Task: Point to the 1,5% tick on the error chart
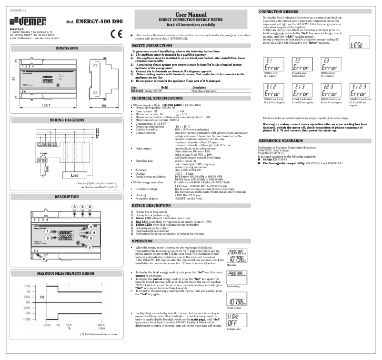(x=28, y=286)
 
